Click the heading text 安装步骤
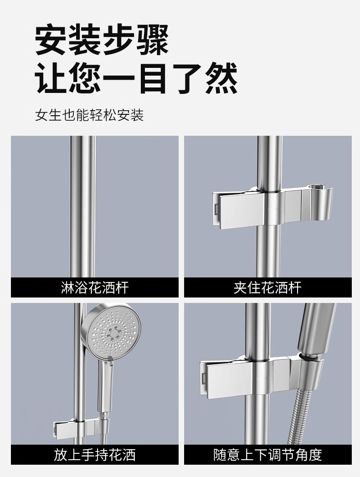pos(102,41)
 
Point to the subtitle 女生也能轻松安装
pos(89,115)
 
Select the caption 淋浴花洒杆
pos(95,287)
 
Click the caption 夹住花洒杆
pos(268,287)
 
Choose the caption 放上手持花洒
pos(95,455)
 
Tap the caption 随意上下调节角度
pos(268,455)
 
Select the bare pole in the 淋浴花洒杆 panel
pos(83,206)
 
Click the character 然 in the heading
pos(221,78)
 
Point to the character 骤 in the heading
pos(153,41)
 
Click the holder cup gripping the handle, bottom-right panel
pos(306,372)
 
